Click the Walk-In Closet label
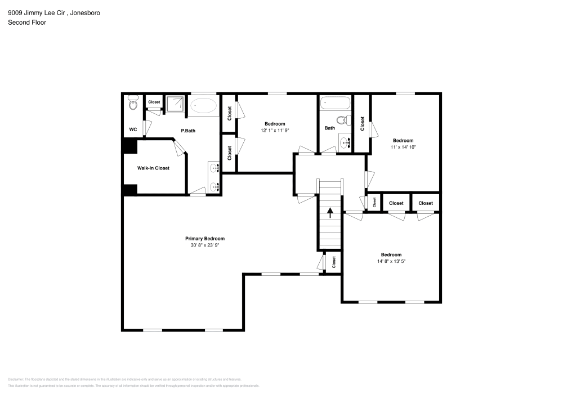pyautogui.click(x=153, y=168)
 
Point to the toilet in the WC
pyautogui.click(x=133, y=104)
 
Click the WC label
pyautogui.click(x=133, y=129)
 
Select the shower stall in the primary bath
pyautogui.click(x=176, y=104)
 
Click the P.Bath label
pyautogui.click(x=187, y=131)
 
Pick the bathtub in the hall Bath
pyautogui.click(x=335, y=104)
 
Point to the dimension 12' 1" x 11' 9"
pyautogui.click(x=275, y=131)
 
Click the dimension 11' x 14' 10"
pyautogui.click(x=403, y=147)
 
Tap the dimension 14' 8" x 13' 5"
pyautogui.click(x=391, y=261)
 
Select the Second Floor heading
pyautogui.click(x=27, y=23)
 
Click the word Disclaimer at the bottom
pyautogui.click(x=16, y=379)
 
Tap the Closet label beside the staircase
pyautogui.click(x=334, y=262)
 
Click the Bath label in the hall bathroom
pyautogui.click(x=329, y=128)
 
